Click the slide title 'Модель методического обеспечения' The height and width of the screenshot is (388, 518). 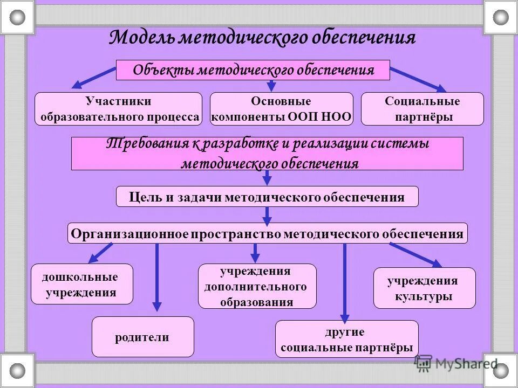click(262, 38)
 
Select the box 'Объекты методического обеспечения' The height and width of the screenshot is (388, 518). click(253, 70)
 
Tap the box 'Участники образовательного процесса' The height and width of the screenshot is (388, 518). click(118, 109)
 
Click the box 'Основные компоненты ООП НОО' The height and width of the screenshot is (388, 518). click(281, 109)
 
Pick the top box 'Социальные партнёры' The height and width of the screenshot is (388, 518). click(422, 109)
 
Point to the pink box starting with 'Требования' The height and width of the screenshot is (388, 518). click(267, 154)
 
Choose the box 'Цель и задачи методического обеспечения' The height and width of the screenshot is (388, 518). click(267, 197)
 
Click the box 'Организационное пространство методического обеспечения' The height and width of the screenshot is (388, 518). click(267, 233)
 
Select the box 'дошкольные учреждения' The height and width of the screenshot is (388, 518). click(81, 285)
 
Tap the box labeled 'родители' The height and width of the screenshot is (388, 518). click(142, 337)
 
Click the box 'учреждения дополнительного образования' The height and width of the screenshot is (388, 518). click(257, 286)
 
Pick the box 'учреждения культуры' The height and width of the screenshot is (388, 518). click(424, 288)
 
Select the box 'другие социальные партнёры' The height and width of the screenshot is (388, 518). click(346, 339)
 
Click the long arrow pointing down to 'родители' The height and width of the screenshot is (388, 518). click(157, 278)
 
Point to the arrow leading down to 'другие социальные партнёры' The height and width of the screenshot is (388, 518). click(345, 283)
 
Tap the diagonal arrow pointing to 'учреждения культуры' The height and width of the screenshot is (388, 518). click(415, 254)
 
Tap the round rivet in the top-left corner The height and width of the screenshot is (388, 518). click(17, 17)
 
